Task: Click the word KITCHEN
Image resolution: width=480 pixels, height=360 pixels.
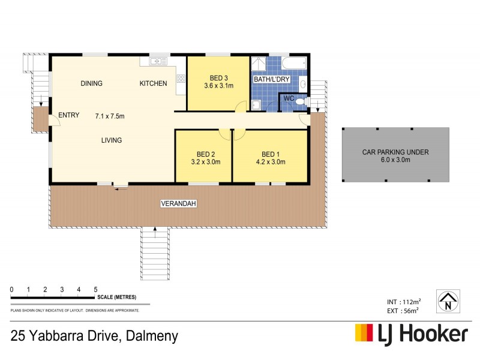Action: pyautogui.click(x=154, y=83)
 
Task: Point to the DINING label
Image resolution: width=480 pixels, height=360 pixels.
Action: pyautogui.click(x=92, y=83)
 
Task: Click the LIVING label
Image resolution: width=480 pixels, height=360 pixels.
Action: pyautogui.click(x=112, y=140)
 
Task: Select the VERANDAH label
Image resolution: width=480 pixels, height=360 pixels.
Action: pyautogui.click(x=179, y=205)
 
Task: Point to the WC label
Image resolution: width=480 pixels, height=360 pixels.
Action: pyautogui.click(x=288, y=98)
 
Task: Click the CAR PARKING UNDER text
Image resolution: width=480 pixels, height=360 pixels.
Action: pyautogui.click(x=395, y=152)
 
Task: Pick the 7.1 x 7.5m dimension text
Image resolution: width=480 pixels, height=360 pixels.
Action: pyautogui.click(x=109, y=116)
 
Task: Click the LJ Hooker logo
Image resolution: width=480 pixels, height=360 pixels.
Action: pyautogui.click(x=411, y=334)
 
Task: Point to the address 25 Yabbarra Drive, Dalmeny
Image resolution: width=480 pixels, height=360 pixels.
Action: pyautogui.click(x=94, y=335)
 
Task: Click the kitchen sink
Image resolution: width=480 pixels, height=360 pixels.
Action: pyautogui.click(x=157, y=61)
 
